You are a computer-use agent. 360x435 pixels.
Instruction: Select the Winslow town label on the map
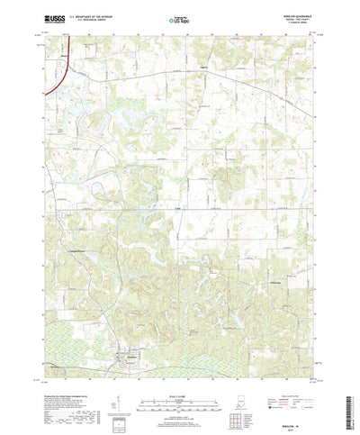(131, 331)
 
